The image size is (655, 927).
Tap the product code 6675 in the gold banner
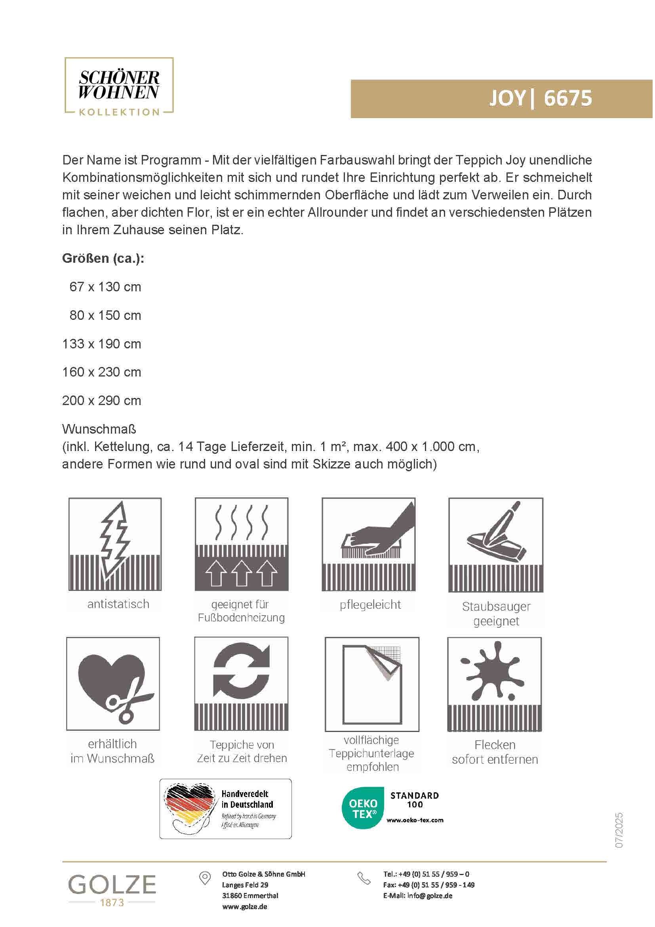(x=568, y=98)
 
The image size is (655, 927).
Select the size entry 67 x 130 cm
(x=105, y=287)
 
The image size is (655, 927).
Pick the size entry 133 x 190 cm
(x=102, y=344)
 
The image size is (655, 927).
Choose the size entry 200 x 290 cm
(x=102, y=401)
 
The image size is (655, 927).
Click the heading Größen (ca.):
(x=103, y=258)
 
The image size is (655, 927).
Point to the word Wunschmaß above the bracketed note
(x=99, y=429)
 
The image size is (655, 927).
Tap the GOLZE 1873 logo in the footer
(x=112, y=891)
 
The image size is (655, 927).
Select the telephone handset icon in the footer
(x=364, y=879)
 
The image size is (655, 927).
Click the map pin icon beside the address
(x=205, y=878)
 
